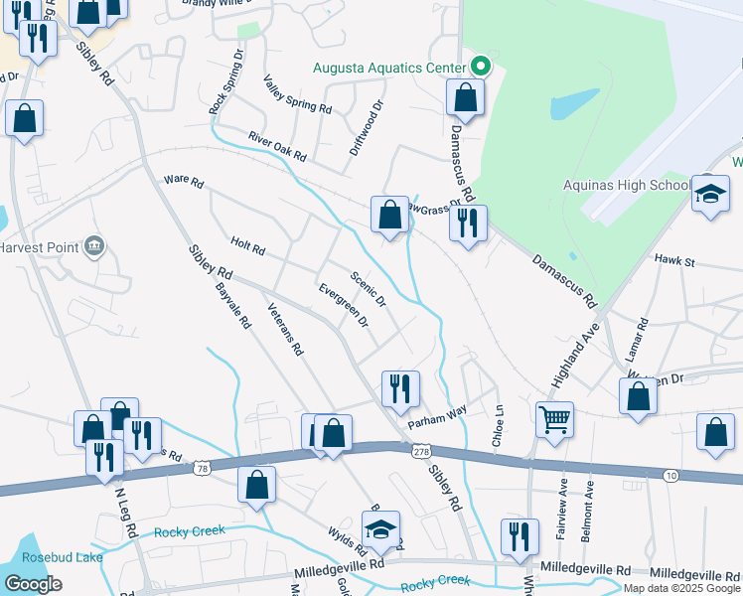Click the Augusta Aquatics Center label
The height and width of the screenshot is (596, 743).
click(388, 68)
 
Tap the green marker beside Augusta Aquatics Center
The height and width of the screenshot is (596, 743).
click(481, 68)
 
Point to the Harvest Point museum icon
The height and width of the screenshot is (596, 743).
click(94, 245)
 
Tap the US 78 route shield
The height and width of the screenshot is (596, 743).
click(202, 467)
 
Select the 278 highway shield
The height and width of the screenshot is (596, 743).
click(421, 452)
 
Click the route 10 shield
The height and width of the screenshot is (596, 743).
click(671, 477)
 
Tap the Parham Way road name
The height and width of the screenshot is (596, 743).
click(438, 416)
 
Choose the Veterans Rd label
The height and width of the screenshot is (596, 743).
click(285, 331)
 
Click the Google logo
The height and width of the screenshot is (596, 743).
click(34, 583)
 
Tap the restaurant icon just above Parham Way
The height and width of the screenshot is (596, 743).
click(400, 387)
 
